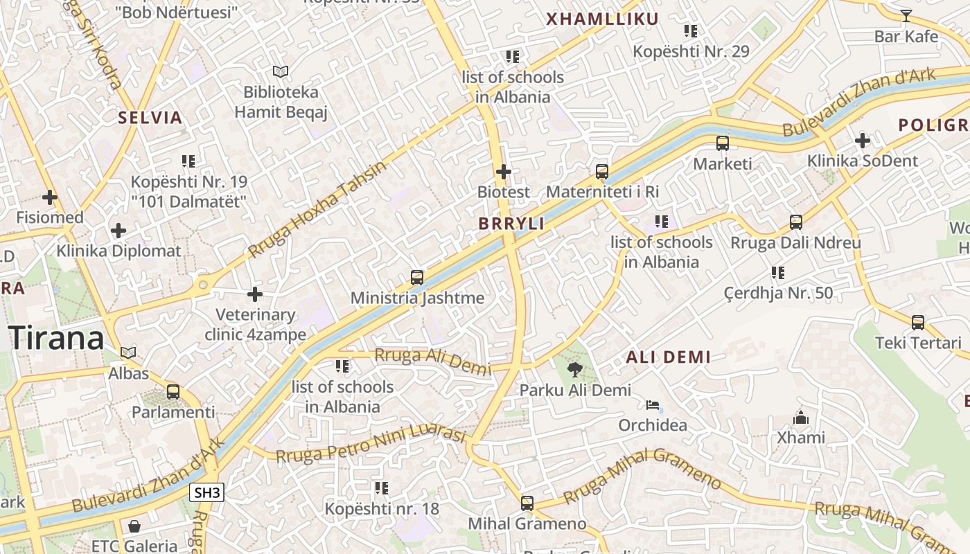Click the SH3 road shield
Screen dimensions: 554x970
click(x=207, y=493)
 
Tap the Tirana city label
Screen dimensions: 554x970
click(x=57, y=338)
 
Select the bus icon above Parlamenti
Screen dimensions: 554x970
click(x=173, y=392)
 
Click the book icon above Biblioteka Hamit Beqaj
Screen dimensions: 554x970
click(x=281, y=71)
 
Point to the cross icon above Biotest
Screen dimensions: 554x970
click(x=504, y=171)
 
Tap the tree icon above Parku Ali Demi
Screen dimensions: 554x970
click(x=574, y=369)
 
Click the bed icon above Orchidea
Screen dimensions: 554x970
click(x=652, y=404)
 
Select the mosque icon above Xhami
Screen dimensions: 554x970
click(x=801, y=418)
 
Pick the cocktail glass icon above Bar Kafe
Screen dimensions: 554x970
click(x=906, y=15)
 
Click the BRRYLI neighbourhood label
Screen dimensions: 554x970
click(x=511, y=224)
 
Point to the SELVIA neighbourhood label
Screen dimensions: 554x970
click(x=150, y=118)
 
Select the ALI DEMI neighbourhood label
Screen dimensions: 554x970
click(x=668, y=357)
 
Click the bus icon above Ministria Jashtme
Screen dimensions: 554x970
click(x=417, y=278)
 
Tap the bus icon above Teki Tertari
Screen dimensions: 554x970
click(x=918, y=323)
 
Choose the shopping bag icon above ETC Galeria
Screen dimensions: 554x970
click(x=134, y=526)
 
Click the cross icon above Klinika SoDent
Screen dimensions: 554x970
click(x=862, y=141)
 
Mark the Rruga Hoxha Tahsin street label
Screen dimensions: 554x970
click(x=318, y=208)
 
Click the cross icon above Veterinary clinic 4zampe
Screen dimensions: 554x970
click(x=255, y=294)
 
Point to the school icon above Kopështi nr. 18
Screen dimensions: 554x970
click(x=381, y=488)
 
